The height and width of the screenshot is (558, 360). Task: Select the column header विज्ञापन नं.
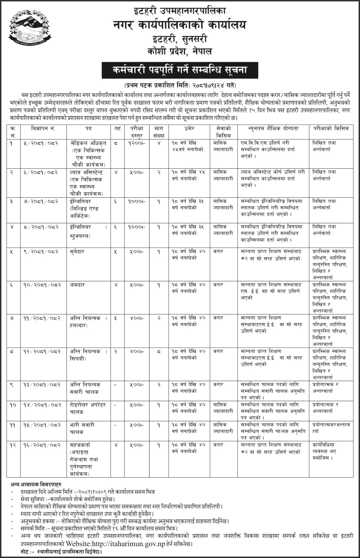point(43,129)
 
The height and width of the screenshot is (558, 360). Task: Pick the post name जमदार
point(77,285)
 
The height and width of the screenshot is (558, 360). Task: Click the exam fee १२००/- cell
point(135,143)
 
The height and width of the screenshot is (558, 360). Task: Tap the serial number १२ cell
point(13,445)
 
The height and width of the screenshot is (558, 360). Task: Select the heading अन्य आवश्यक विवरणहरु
point(36,485)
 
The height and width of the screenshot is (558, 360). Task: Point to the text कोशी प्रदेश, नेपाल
point(180,52)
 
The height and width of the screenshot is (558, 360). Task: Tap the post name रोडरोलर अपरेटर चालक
point(87,408)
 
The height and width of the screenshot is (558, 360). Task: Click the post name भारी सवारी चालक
point(82,428)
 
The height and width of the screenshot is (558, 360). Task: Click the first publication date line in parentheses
point(180,85)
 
